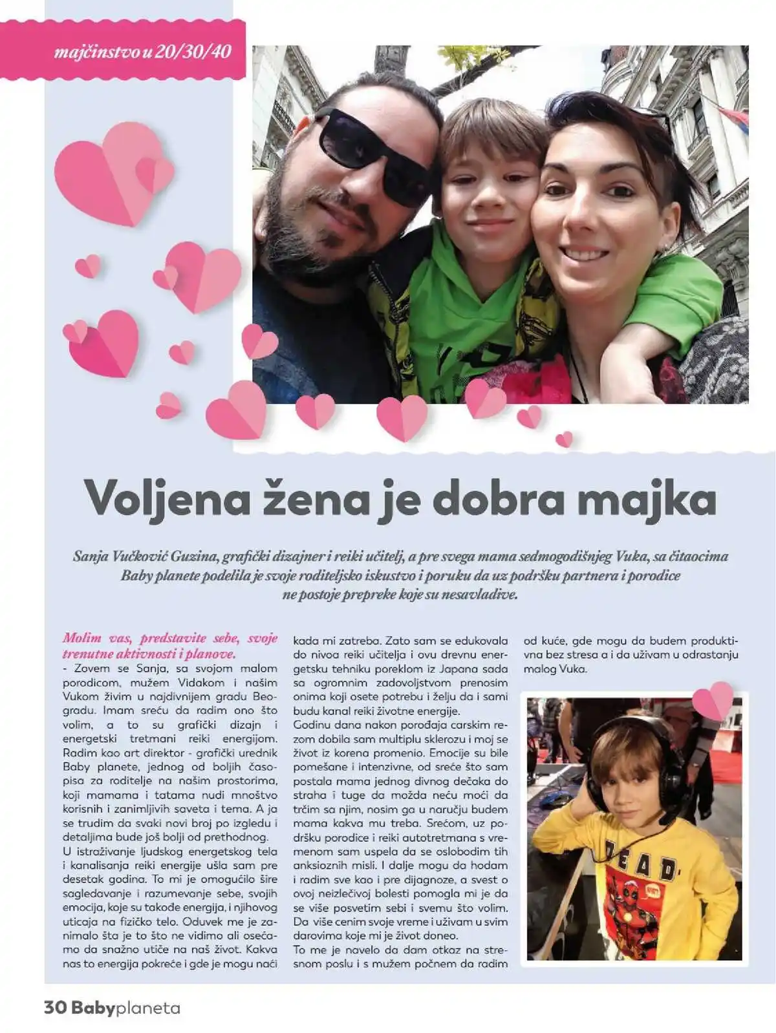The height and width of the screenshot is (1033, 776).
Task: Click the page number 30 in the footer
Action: [56, 1008]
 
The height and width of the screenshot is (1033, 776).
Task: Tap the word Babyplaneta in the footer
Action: [126, 1008]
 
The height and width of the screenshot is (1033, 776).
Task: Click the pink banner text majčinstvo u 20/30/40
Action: [142, 52]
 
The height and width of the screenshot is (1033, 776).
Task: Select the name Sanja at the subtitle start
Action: [91, 556]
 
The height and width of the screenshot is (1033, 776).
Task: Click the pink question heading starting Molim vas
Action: [169, 645]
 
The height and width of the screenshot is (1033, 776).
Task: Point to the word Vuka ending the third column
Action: [574, 669]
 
